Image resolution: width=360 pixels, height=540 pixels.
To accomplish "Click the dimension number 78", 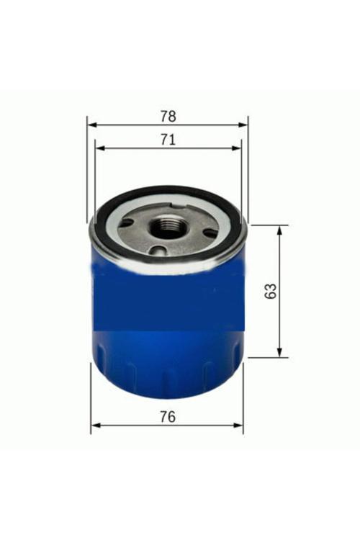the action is click(168, 117).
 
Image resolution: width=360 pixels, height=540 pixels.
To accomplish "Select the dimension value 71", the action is click(168, 140).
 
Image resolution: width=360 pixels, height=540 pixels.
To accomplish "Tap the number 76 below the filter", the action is click(168, 417).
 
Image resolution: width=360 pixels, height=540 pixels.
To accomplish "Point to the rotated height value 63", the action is click(271, 291).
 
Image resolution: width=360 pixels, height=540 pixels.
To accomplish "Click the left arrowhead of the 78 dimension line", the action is click(91, 125).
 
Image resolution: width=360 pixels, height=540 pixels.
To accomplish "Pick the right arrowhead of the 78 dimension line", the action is click(243, 125).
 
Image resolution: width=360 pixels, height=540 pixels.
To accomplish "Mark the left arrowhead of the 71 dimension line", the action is click(99, 148).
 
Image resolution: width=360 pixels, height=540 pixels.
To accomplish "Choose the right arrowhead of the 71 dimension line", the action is click(237, 148).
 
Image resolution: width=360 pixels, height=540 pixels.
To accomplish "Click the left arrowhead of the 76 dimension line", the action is click(96, 426).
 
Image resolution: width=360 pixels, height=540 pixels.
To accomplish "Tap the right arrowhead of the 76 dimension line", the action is click(238, 426).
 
